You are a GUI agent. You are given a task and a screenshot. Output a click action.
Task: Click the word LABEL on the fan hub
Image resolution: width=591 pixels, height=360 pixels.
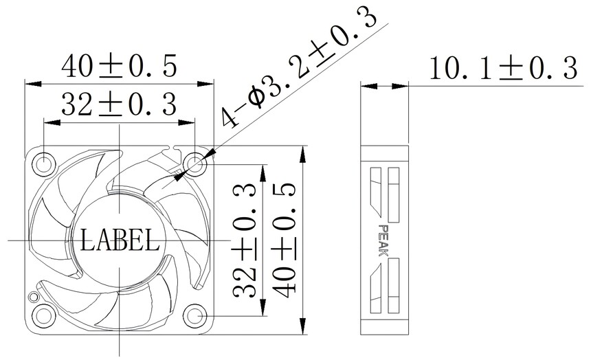(x=120, y=240)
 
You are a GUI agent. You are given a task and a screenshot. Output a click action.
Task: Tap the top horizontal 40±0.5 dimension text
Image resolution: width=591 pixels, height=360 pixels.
(x=119, y=67)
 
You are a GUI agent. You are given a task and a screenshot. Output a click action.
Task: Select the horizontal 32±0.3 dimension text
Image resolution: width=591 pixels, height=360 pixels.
(x=119, y=105)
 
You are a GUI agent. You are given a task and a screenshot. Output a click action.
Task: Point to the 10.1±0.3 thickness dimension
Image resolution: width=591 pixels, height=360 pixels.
(x=503, y=69)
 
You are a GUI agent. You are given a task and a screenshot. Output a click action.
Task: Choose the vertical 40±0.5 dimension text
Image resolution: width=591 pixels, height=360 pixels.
(x=283, y=240)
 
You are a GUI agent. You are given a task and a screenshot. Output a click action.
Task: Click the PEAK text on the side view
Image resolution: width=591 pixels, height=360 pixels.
(x=383, y=240)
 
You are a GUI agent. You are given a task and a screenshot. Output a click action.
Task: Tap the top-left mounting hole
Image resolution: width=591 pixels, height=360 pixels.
(x=44, y=164)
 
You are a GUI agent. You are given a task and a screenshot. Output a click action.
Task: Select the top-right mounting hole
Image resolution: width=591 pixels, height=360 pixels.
(x=195, y=164)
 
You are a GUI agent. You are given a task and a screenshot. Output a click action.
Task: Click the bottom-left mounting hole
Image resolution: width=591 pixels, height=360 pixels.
(x=44, y=315)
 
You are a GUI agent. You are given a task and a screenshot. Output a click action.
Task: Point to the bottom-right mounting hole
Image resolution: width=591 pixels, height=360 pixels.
(x=195, y=315)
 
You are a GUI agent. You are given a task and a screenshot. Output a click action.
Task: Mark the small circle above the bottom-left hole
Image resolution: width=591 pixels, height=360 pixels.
(x=34, y=296)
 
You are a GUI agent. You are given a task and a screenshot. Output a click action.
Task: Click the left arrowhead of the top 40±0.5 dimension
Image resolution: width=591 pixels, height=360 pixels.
(x=33, y=84)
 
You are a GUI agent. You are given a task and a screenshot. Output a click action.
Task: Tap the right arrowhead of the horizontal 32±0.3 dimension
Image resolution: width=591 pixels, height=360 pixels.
(x=186, y=122)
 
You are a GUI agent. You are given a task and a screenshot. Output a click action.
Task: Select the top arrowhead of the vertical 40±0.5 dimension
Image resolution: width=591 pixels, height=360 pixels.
(x=302, y=154)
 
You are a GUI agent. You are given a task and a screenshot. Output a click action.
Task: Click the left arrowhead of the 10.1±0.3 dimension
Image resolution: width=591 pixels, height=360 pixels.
(x=369, y=86)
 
